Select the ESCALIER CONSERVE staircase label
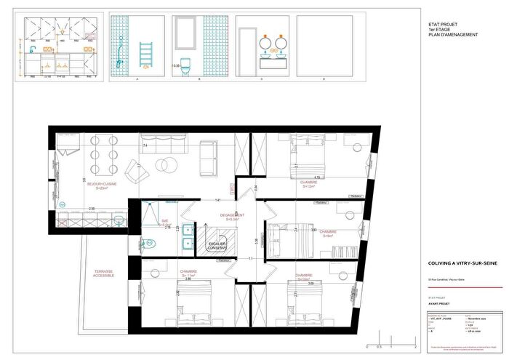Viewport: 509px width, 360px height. tap(217, 246)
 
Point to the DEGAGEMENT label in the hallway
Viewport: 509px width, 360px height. tap(231, 217)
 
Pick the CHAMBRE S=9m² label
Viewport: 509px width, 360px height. tap(327, 234)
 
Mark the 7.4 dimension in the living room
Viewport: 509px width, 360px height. tap(145, 146)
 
